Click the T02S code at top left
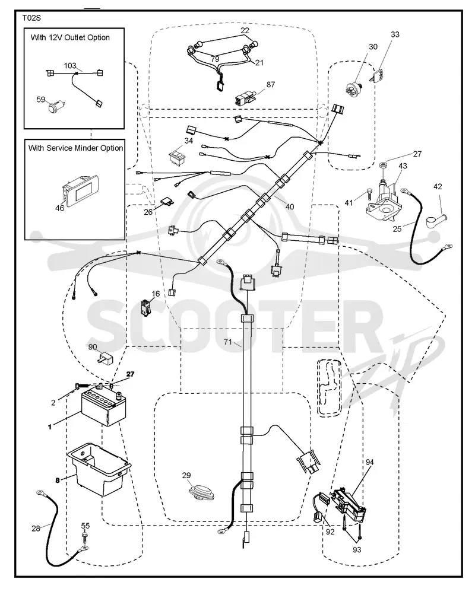31,18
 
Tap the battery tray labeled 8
99,469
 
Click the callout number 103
70,66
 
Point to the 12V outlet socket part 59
56,106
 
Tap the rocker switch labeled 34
177,157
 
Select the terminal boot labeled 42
436,221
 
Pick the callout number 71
227,342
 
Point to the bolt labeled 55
85,537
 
